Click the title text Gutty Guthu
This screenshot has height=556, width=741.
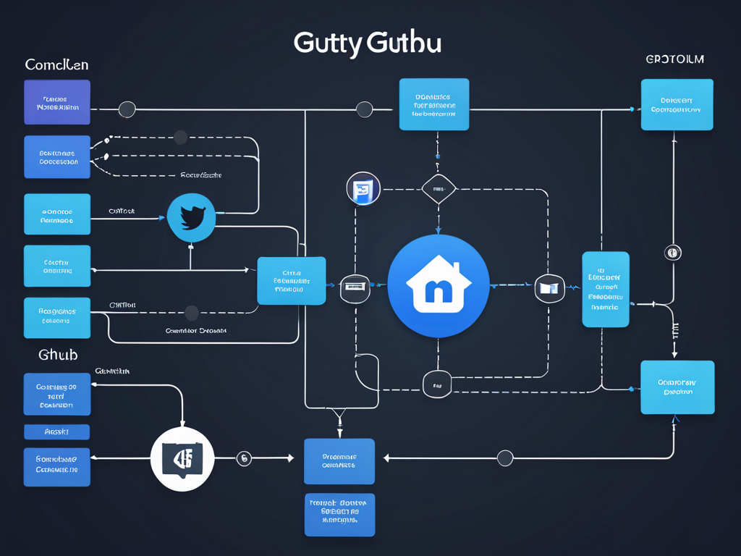click(x=367, y=43)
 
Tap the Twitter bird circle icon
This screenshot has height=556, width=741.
click(x=191, y=217)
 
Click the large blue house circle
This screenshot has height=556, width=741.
click(x=439, y=285)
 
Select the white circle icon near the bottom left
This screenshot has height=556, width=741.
click(x=182, y=459)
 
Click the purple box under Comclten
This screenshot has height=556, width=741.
click(x=57, y=102)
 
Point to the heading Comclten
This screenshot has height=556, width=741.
click(x=56, y=65)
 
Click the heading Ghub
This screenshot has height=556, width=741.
click(x=58, y=355)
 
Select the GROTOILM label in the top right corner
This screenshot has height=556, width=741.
click(x=674, y=59)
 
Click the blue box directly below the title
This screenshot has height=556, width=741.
click(x=434, y=104)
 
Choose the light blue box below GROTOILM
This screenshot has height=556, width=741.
click(x=677, y=105)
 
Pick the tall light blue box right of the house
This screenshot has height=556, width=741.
click(x=606, y=290)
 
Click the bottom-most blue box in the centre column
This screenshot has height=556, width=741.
click(x=339, y=515)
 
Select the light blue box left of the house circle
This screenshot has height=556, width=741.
click(x=291, y=281)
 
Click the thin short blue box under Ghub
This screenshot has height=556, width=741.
click(x=57, y=432)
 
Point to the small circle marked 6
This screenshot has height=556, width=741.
click(x=244, y=458)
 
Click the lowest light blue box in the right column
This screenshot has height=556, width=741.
click(x=677, y=387)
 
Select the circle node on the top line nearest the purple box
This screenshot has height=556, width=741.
click(x=127, y=110)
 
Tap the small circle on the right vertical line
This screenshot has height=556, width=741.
click(x=672, y=253)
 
